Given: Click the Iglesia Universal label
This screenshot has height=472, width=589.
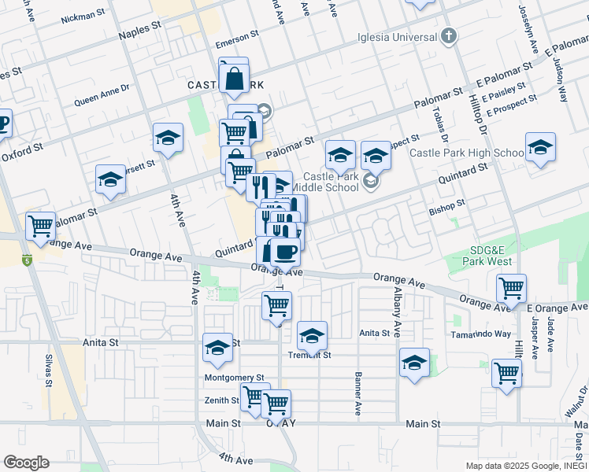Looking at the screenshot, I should click(x=397, y=37).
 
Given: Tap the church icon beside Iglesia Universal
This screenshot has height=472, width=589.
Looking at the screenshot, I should click(x=448, y=35).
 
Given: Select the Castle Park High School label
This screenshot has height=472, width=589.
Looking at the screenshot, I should click(x=467, y=153).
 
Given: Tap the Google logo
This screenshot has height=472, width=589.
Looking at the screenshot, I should click(x=26, y=463).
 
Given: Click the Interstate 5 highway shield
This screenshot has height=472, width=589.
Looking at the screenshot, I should click(x=28, y=259).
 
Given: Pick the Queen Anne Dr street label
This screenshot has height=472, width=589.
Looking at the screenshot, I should click(x=102, y=96).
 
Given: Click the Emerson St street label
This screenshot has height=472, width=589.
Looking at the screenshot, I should click(x=238, y=37).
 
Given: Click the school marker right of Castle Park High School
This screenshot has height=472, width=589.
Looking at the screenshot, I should click(x=540, y=148).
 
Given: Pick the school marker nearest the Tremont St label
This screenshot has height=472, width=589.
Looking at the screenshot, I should click(x=313, y=336).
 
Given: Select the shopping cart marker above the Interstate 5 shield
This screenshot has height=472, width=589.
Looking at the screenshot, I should click(x=41, y=226).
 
